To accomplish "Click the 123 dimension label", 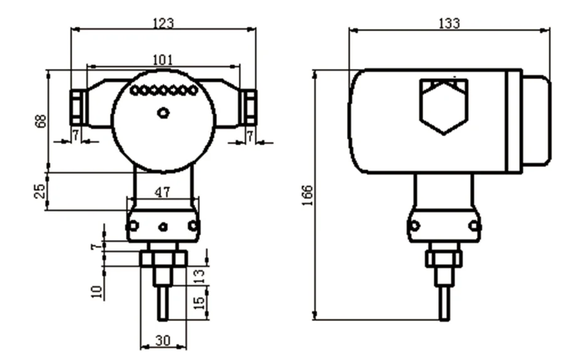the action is click(163, 23).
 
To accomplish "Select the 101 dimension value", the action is click(162, 60).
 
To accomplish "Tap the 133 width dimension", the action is click(449, 24).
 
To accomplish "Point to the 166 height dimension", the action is click(308, 195).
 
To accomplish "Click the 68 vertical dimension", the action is click(41, 121).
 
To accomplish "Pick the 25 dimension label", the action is click(39, 191).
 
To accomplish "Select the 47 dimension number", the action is click(162, 193).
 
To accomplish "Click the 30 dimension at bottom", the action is click(163, 341).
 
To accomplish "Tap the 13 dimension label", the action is click(199, 276).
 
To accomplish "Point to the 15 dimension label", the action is click(199, 302).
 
